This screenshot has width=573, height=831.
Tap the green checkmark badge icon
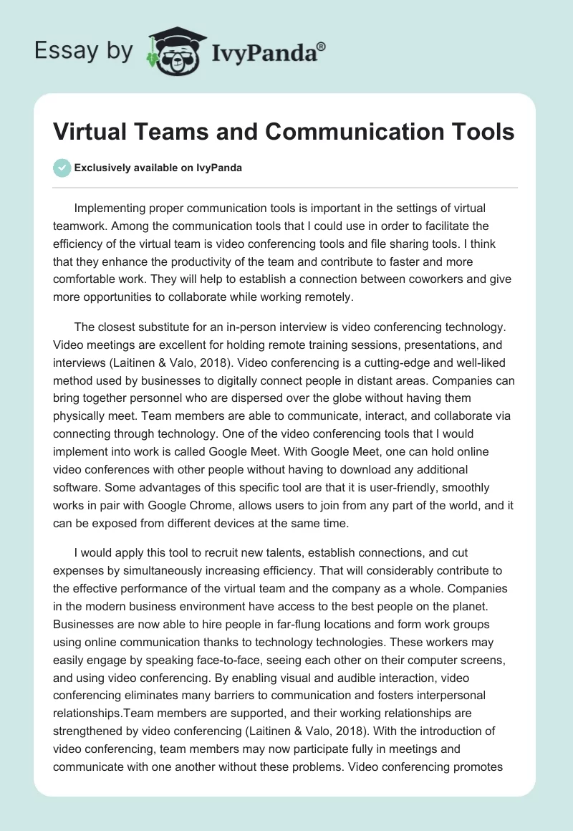coord(62,168)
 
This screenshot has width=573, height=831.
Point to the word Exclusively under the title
coord(102,168)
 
